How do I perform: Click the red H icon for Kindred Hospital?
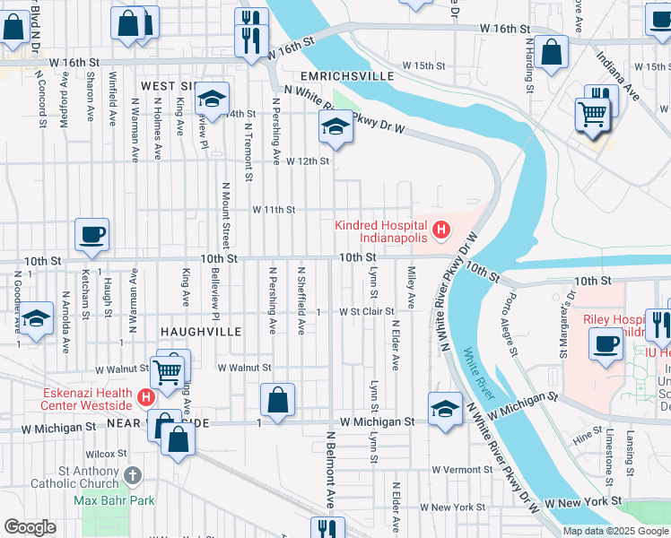point(440,230)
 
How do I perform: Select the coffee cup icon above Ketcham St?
point(91,235)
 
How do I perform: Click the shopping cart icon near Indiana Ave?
point(592,115)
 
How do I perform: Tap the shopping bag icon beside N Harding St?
point(553,53)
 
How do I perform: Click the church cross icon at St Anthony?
point(133,475)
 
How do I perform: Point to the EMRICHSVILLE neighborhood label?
point(347,77)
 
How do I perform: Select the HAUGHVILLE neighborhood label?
point(201,332)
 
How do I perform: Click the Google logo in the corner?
point(30,527)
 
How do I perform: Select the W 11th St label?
point(274,210)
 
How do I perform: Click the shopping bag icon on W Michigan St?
point(278,401)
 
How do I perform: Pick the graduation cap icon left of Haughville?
point(35,319)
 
